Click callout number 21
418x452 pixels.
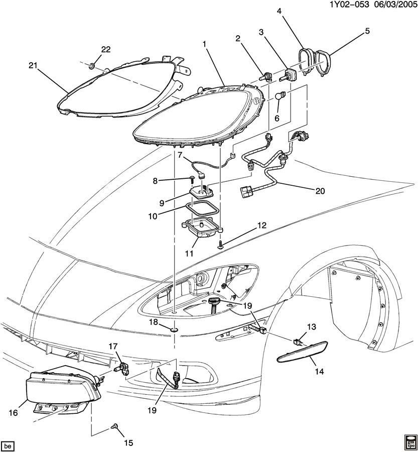point(33,65)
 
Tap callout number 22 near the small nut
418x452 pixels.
point(105,49)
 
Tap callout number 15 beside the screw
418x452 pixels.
point(128,442)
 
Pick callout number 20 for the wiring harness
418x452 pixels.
point(320,191)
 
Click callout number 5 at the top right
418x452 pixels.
point(367,31)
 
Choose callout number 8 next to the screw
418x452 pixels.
point(169,180)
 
